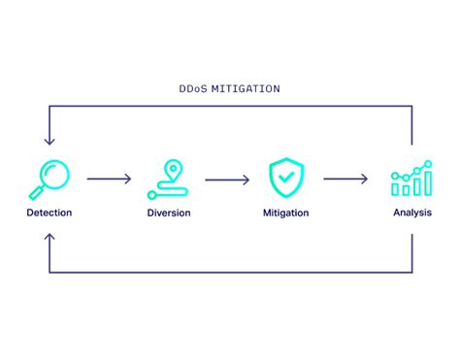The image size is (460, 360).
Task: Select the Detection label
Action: coord(49,212)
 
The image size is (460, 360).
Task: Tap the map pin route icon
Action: coord(168,179)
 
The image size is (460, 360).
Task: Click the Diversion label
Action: coord(169,212)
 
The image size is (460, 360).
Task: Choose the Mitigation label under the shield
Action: coord(286,212)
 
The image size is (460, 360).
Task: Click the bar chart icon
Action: coord(411,179)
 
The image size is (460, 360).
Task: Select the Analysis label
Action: coord(412,212)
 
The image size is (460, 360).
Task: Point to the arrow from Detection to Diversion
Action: coord(109,179)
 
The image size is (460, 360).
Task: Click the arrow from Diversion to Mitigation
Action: coord(227,179)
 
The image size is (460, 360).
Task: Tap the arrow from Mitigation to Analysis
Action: coord(345,179)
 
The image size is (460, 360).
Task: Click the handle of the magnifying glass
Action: coord(37,192)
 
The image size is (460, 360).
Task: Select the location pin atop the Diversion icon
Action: coord(175,168)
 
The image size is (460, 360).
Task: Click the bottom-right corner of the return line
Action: coord(412,273)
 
